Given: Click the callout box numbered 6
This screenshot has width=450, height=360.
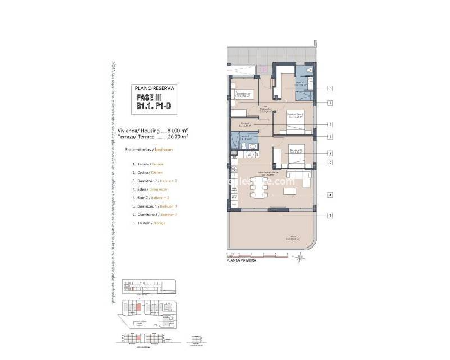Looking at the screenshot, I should [x=330, y=88].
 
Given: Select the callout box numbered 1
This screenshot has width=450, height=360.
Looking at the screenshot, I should [x=330, y=215].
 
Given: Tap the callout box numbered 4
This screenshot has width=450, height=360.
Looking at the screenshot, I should [x=330, y=195].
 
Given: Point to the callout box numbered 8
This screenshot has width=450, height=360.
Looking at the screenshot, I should [x=330, y=124].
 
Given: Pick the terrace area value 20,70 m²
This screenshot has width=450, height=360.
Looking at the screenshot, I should [x=178, y=136].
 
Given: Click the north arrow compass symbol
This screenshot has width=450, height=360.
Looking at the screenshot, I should [x=300, y=258].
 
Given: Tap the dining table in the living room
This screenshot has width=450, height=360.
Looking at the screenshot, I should [x=256, y=188].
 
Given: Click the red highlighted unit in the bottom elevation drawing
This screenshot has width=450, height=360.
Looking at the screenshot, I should [x=137, y=338].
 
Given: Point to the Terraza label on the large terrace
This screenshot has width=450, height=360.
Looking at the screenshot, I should [x=292, y=237].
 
